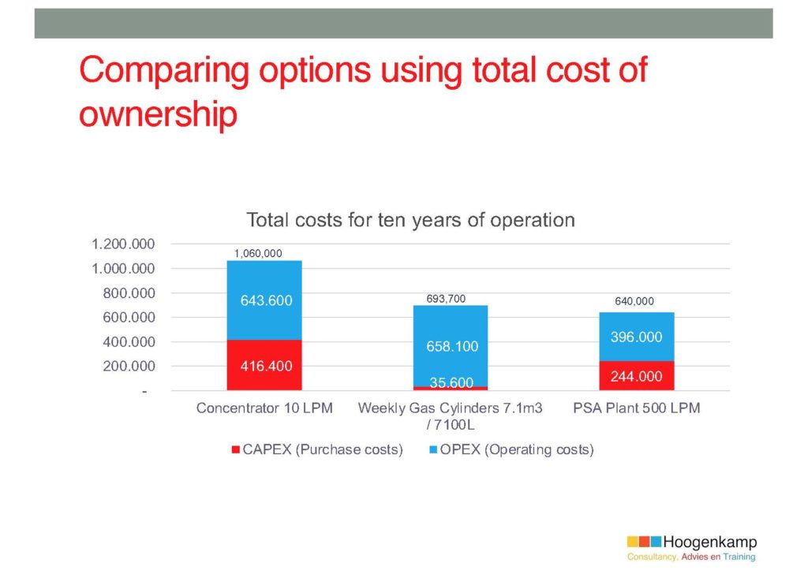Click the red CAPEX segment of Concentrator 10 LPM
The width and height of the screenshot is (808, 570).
coord(264,365)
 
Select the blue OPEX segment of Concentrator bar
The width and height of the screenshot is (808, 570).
coord(264,300)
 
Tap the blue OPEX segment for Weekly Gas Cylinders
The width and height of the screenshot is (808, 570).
coord(451,346)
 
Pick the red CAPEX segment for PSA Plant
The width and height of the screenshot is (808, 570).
coord(637,376)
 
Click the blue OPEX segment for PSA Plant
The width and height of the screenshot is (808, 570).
coord(637,337)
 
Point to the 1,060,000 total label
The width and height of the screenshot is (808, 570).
coord(258,253)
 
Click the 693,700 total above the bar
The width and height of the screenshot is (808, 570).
coord(446,299)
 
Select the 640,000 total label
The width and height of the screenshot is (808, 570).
coord(634,301)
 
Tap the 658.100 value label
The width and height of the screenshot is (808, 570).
coord(452,346)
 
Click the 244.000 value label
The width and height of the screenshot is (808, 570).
coord(637,376)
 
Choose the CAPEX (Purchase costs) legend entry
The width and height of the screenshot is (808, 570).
coord(317,449)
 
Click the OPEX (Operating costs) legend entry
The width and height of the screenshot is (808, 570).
coord(511,449)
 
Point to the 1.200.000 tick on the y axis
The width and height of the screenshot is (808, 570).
coord(123,244)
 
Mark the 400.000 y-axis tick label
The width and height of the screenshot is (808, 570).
coord(129,342)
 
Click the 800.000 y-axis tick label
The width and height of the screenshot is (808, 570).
coord(129,293)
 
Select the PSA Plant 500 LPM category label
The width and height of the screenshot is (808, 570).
coord(637,408)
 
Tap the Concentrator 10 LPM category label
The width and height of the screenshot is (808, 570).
coord(264,408)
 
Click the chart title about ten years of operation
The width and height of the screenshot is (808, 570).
coord(410,220)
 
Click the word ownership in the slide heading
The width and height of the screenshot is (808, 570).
coord(158,114)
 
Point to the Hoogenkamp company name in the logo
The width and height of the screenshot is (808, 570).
coord(710,542)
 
